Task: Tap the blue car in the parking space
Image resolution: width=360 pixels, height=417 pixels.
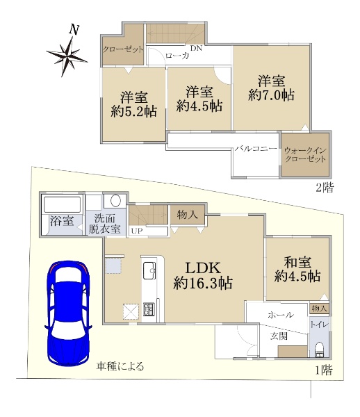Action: pyautogui.click(x=68, y=313)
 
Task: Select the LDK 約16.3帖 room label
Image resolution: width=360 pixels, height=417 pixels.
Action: pyautogui.click(x=203, y=275)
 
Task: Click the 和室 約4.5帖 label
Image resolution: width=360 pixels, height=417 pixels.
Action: pyautogui.click(x=297, y=269)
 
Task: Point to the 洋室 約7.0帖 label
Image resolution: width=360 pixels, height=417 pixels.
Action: pyautogui.click(x=271, y=88)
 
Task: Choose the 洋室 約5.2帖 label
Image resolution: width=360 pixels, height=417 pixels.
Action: pyautogui.click(x=133, y=104)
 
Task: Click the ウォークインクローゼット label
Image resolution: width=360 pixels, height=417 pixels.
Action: pyautogui.click(x=305, y=155)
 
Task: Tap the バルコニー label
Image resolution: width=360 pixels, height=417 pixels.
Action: pyautogui.click(x=256, y=149)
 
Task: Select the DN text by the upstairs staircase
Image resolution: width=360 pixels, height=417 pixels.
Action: pyautogui.click(x=196, y=48)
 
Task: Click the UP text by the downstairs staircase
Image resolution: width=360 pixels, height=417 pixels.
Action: pyautogui.click(x=137, y=231)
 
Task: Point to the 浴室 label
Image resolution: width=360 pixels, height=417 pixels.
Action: pyautogui.click(x=62, y=221)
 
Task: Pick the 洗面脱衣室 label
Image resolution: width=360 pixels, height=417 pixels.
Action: pyautogui.click(x=104, y=223)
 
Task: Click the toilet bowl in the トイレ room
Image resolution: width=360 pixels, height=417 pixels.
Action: pyautogui.click(x=318, y=350)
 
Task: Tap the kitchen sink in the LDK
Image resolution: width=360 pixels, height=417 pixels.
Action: pyautogui.click(x=149, y=270)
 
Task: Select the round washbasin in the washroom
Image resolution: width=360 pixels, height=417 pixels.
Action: pyautogui.click(x=115, y=201)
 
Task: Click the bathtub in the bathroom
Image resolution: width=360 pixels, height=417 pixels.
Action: pyautogui.click(x=62, y=204)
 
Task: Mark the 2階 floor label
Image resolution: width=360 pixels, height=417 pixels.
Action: pyautogui.click(x=325, y=188)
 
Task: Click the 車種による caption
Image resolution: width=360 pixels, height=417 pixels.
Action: pyautogui.click(x=120, y=366)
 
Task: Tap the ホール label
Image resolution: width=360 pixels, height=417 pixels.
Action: pyautogui.click(x=281, y=315)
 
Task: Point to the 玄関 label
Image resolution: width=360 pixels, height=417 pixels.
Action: pyautogui.click(x=279, y=336)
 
